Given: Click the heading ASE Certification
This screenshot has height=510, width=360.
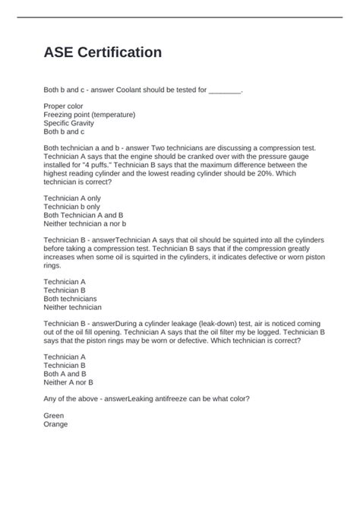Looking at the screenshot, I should coord(102,53).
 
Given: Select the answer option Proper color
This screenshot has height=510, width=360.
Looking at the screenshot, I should coord(64,106).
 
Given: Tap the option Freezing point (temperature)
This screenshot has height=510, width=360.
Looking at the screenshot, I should coord(90,114).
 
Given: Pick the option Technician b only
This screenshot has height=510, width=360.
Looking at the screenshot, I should coord(72,207).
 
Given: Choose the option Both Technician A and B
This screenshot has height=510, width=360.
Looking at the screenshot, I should coord(84,215).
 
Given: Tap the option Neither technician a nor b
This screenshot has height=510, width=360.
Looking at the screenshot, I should coord(84,223).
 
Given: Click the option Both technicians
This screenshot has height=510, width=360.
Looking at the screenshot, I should coord(71,299).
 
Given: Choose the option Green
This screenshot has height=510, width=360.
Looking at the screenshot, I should coord(54,416).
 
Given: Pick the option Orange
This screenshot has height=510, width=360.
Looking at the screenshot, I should coord(55,424).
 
